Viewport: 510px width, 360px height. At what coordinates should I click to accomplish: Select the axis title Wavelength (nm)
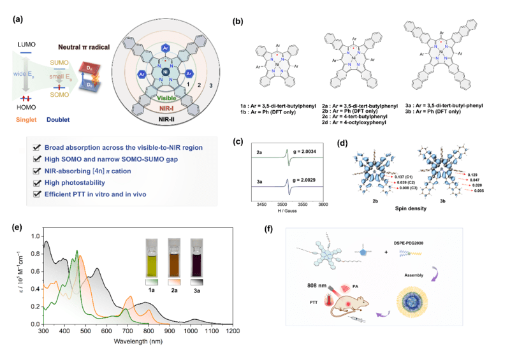coord(138,342)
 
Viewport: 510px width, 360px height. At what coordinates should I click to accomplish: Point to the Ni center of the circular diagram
coord(164,74)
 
